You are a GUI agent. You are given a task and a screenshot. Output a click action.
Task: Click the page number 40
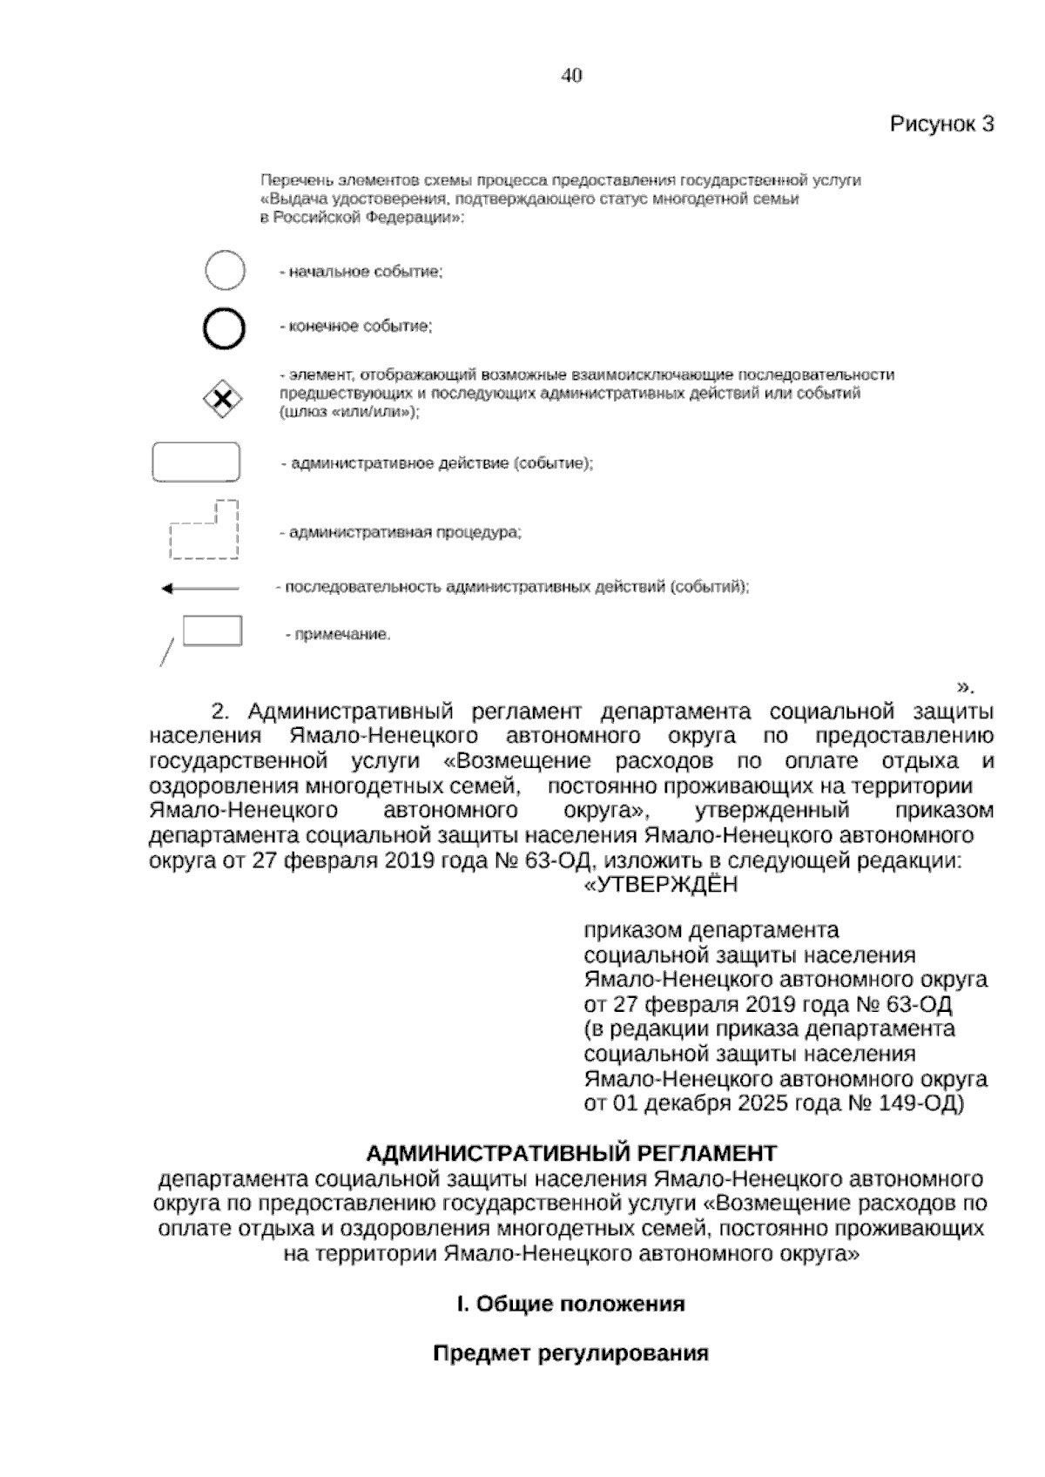[571, 76]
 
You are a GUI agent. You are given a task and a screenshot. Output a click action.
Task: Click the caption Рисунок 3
[940, 124]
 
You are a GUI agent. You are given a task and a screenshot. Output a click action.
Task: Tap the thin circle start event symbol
[225, 270]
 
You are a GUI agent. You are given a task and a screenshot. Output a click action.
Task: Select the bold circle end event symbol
[224, 328]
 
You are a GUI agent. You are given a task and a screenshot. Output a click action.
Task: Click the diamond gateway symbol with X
[223, 399]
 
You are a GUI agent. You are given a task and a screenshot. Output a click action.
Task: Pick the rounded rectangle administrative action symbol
[196, 462]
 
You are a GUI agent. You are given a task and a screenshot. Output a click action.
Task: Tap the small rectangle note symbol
[212, 631]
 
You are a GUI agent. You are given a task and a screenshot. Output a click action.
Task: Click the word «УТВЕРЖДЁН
[659, 885]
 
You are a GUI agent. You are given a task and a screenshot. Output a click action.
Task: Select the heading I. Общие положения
[570, 1304]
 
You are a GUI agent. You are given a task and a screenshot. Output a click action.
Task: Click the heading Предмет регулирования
[570, 1353]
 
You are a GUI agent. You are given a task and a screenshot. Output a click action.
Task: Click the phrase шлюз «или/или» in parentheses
[349, 413]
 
